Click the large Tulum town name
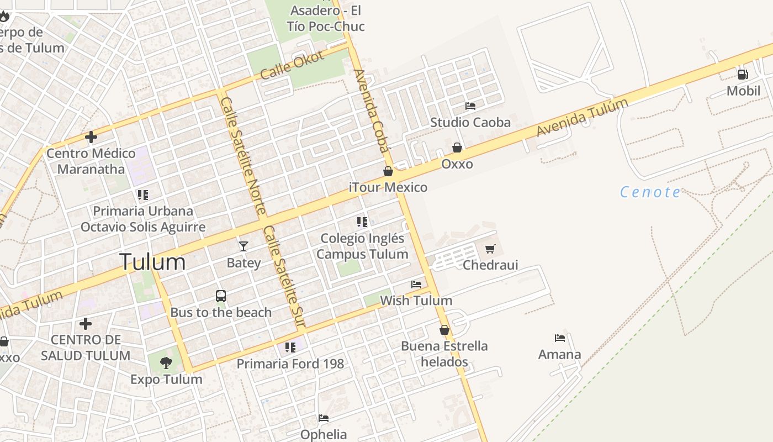[x=152, y=261]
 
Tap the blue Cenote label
[x=650, y=192]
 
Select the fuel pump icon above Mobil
[x=743, y=74]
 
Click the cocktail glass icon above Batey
[x=243, y=246]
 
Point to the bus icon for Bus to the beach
[x=221, y=296]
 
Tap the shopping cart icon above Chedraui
[x=490, y=249]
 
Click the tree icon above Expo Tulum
[x=166, y=363]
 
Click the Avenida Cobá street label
[x=371, y=110]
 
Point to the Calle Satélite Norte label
[x=243, y=156]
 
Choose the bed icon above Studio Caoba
[x=470, y=106]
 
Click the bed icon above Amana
[x=560, y=338]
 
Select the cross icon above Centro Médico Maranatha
[x=91, y=137]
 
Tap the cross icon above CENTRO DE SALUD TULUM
[x=86, y=323]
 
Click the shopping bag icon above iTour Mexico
[x=388, y=171]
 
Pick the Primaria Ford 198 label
[x=290, y=364]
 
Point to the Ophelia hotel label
[x=324, y=434]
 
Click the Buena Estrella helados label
[x=444, y=354]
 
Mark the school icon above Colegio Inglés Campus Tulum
[x=362, y=222]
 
